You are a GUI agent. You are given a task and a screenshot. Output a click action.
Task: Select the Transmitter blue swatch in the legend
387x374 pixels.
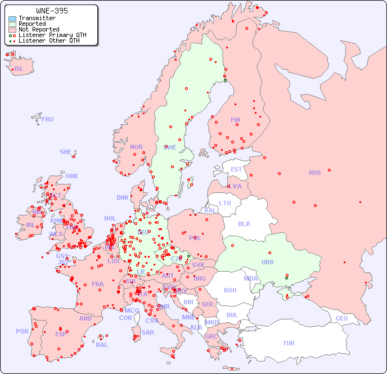pyautogui.click(x=12, y=19)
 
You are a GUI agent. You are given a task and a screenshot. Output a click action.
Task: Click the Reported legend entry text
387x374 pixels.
pyautogui.click(x=32, y=24)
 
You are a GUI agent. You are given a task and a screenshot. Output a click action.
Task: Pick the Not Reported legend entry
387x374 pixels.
pyautogui.click(x=39, y=30)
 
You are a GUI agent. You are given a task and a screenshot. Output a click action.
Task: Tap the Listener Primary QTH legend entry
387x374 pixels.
pyautogui.click(x=52, y=35)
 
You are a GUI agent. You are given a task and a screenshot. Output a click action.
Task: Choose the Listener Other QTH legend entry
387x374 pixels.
pyautogui.click(x=52, y=41)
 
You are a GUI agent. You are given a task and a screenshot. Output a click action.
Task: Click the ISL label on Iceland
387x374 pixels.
pyautogui.click(x=19, y=69)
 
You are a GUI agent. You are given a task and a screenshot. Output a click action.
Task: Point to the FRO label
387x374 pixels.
pyautogui.click(x=48, y=119)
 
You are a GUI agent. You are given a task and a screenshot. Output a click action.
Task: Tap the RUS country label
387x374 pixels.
pyautogui.click(x=314, y=173)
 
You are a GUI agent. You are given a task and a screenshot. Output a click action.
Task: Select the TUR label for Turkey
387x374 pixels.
pyautogui.click(x=289, y=343)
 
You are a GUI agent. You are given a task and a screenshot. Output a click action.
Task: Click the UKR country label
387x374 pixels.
pyautogui.click(x=268, y=262)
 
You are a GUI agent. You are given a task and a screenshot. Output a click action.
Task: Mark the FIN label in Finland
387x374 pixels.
pyautogui.click(x=235, y=120)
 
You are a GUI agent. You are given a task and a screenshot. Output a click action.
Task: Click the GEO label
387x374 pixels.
pyautogui.click(x=341, y=318)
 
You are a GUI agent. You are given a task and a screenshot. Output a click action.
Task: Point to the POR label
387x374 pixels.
pyautogui.click(x=22, y=331)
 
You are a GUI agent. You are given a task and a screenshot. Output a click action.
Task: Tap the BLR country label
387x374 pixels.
pyautogui.click(x=244, y=223)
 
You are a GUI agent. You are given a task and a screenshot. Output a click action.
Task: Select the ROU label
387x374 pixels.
pyautogui.click(x=230, y=290)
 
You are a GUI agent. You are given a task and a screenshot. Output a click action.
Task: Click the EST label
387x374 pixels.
pyautogui.click(x=236, y=169)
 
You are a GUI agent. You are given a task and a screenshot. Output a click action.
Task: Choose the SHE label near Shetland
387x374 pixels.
pyautogui.click(x=66, y=152)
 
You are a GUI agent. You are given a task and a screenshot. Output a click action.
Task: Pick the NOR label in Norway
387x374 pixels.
pyautogui.click(x=136, y=147)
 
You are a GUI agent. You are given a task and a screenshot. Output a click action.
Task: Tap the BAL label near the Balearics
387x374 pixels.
pyautogui.click(x=102, y=345)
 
